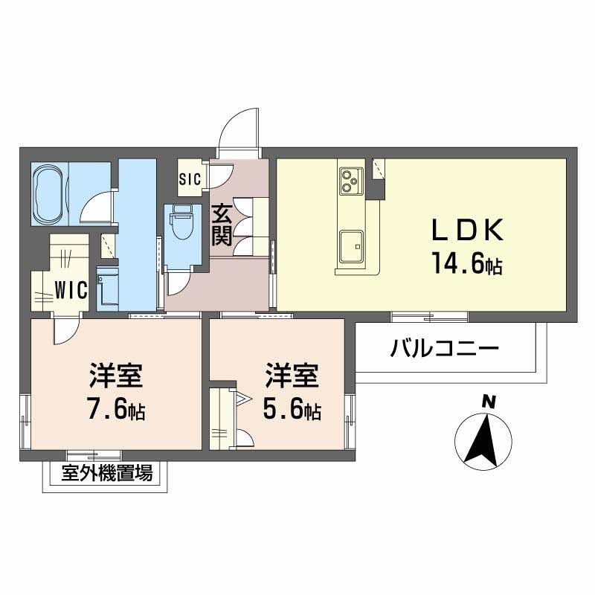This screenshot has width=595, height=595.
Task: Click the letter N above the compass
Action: pyautogui.click(x=489, y=402)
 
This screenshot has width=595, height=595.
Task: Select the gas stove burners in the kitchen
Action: pyautogui.click(x=350, y=180)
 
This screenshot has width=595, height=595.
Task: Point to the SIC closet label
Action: pyautogui.click(x=188, y=178)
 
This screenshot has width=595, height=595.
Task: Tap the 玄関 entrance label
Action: pyautogui.click(x=222, y=225)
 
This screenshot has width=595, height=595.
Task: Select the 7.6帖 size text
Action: pyautogui.click(x=114, y=409)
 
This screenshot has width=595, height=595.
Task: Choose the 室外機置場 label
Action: pyautogui.click(x=107, y=472)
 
